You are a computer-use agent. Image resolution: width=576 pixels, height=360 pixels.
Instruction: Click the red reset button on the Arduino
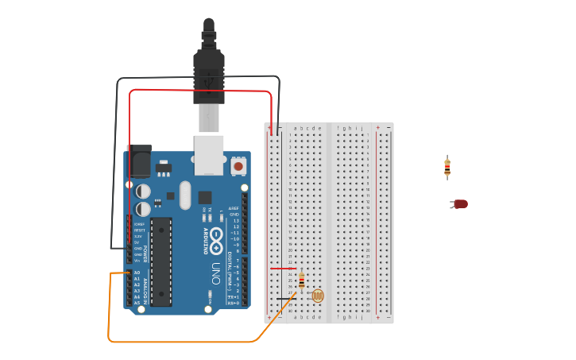click(238, 167)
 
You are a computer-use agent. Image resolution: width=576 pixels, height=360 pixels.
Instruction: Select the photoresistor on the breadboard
click(317, 296)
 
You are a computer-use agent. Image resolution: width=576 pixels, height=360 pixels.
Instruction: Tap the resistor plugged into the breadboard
click(302, 281)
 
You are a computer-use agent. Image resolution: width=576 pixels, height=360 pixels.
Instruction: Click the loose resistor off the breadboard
click(447, 167)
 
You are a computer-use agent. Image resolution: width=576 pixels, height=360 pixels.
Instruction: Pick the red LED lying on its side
click(459, 204)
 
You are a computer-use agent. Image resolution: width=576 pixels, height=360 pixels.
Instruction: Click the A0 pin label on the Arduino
click(137, 273)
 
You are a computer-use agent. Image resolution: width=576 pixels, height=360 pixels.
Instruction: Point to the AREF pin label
click(234, 209)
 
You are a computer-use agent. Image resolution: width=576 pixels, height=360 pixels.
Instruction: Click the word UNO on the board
click(215, 274)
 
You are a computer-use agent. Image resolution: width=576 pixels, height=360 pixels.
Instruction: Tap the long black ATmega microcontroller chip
click(161, 261)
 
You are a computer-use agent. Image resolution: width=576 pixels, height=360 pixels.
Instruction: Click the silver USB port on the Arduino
click(209, 154)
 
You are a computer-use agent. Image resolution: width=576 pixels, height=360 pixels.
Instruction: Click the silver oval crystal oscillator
click(186, 195)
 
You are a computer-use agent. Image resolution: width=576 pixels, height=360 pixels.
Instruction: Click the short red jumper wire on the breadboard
click(282, 268)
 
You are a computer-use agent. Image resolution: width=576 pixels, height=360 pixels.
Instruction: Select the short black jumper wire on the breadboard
click(283, 299)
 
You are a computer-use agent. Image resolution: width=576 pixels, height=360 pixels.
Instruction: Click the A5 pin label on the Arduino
click(137, 303)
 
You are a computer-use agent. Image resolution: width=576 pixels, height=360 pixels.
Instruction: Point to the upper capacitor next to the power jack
click(143, 192)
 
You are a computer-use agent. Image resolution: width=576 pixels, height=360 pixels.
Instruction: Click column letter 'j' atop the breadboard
click(362, 128)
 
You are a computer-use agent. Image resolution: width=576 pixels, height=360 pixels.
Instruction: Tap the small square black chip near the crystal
click(205, 197)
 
